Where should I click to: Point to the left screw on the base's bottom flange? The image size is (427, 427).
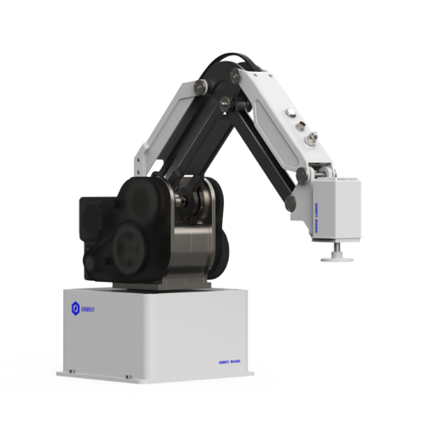pyautogui.click(x=73, y=371)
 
